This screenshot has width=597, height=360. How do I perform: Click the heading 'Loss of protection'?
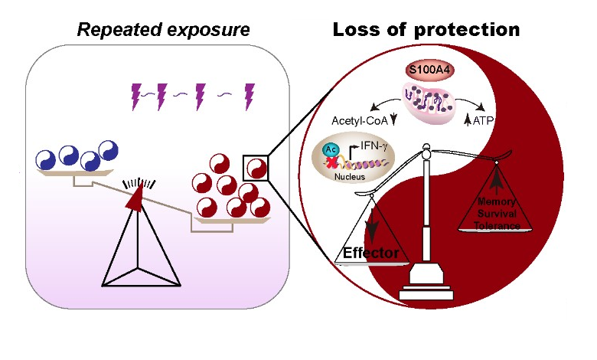(426, 30)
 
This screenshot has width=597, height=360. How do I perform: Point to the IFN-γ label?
(371, 141)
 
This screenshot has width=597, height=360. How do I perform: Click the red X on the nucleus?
(333, 164)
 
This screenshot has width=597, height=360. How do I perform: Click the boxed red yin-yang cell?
(256, 166)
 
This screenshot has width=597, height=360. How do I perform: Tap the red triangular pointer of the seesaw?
(135, 198)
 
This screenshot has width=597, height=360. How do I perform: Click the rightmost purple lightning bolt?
(249, 94)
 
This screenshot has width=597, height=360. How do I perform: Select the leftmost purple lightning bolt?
(139, 96)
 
